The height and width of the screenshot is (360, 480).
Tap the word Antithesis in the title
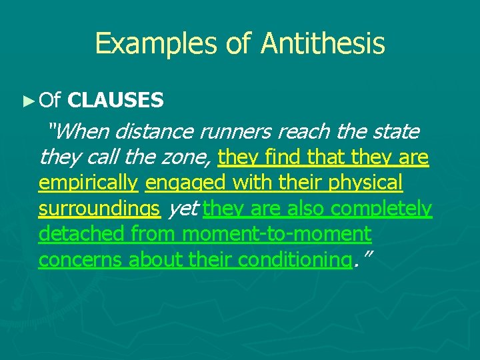coord(323,44)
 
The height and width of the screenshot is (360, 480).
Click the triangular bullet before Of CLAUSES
coord(27,101)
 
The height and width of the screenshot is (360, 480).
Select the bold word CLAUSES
coord(116,101)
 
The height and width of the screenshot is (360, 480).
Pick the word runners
coord(245,132)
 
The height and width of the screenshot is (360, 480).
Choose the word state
coord(395,132)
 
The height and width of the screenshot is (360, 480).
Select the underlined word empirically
coord(88,183)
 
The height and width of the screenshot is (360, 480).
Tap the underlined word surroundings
coord(99,209)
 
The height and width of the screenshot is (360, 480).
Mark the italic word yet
coord(182,209)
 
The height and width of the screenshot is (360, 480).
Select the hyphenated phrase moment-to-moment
coord(276,234)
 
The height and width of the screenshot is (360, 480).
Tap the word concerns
coord(81,259)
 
